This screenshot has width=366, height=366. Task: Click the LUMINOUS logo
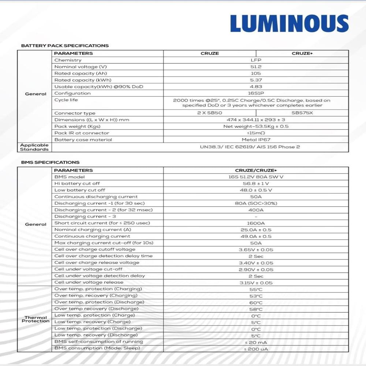coord(289,24)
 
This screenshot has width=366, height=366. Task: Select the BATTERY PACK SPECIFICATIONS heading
coord(65,46)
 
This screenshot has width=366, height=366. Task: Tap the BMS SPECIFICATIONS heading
coord(50,162)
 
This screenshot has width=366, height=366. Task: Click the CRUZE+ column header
coord(302,53)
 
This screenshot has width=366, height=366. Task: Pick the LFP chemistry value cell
coord(256,60)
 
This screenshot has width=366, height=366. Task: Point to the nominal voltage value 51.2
coord(256,67)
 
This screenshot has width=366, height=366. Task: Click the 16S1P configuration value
coord(256,93)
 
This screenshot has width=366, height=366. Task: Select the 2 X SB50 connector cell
coord(209,113)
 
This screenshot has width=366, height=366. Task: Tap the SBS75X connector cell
coord(302,113)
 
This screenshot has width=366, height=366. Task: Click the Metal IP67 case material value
coord(256,140)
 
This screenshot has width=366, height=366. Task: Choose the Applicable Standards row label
coord(34,147)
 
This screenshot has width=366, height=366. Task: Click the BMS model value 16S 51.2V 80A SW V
coord(256,177)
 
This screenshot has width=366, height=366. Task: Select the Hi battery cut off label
coord(77,184)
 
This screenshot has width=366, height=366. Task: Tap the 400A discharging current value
coord(256,210)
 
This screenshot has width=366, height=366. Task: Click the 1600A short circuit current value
coord(256,223)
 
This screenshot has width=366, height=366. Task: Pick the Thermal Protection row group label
coord(36,319)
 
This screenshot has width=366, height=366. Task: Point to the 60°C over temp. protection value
coord(256,303)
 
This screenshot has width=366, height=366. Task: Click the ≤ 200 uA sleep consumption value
coord(256,349)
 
